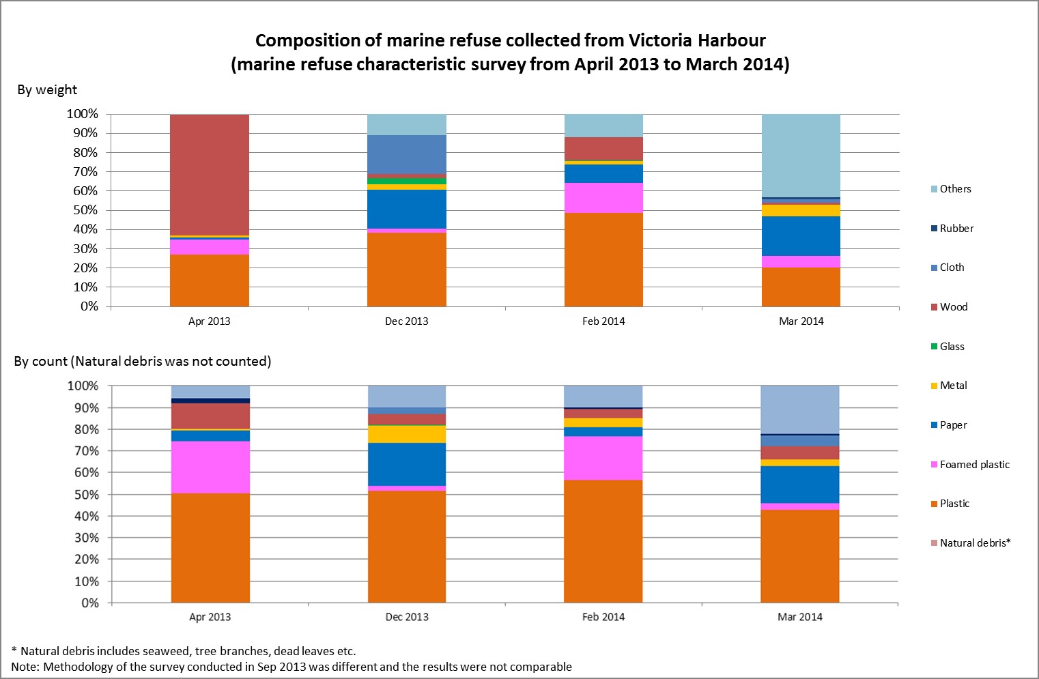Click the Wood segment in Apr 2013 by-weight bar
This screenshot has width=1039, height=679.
point(210,175)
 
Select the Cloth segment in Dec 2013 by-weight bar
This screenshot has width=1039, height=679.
point(407,154)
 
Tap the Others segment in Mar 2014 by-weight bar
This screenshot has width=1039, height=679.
point(801,156)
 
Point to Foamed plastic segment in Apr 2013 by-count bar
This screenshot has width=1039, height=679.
point(210,467)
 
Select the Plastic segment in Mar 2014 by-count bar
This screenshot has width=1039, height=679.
point(800,556)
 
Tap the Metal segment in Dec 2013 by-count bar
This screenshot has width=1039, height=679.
point(407,434)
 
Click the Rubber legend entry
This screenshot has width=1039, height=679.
point(956,229)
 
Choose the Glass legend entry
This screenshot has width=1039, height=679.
point(952,347)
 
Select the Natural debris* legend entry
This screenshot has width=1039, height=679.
point(974,543)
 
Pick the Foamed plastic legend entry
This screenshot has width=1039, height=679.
point(974,465)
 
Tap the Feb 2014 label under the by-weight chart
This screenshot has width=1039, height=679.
point(603,321)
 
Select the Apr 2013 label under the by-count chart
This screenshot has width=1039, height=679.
point(210,617)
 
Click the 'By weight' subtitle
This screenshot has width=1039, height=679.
point(47,89)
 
